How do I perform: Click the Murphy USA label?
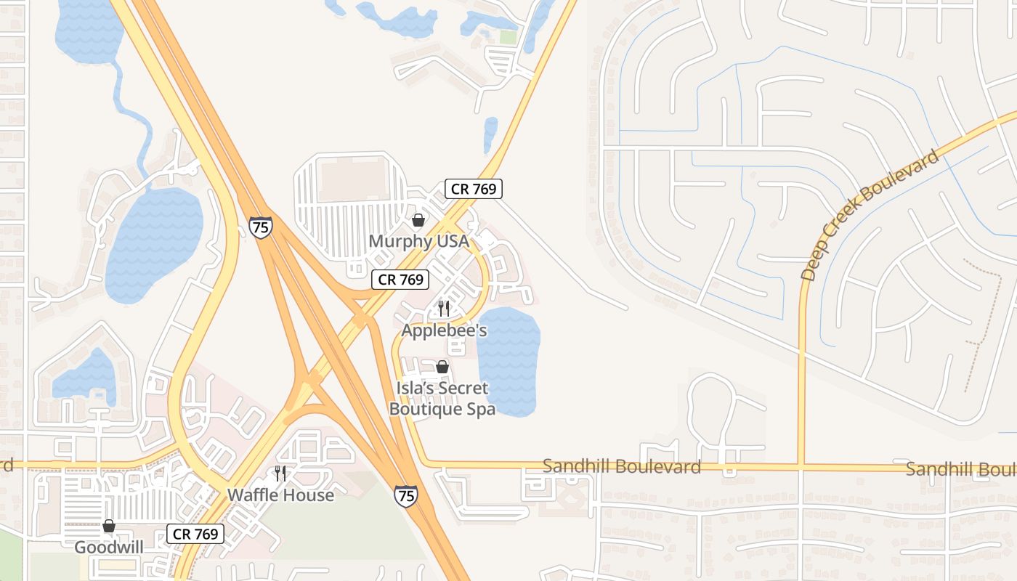[418, 240]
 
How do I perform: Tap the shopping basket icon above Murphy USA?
[418, 219]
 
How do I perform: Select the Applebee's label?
[444, 330]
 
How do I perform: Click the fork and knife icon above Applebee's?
[444, 309]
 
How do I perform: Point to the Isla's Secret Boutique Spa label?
[442, 399]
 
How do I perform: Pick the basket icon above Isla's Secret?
[442, 367]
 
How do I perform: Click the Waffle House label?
[280, 495]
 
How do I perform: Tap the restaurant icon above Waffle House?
[280, 474]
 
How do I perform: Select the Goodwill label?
[108, 547]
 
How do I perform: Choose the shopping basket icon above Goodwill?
[108, 525]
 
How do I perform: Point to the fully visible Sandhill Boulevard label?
[621, 466]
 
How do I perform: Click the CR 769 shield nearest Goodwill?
[195, 534]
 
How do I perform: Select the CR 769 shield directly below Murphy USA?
[400, 279]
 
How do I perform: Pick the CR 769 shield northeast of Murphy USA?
[474, 189]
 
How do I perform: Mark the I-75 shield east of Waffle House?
[406, 496]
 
